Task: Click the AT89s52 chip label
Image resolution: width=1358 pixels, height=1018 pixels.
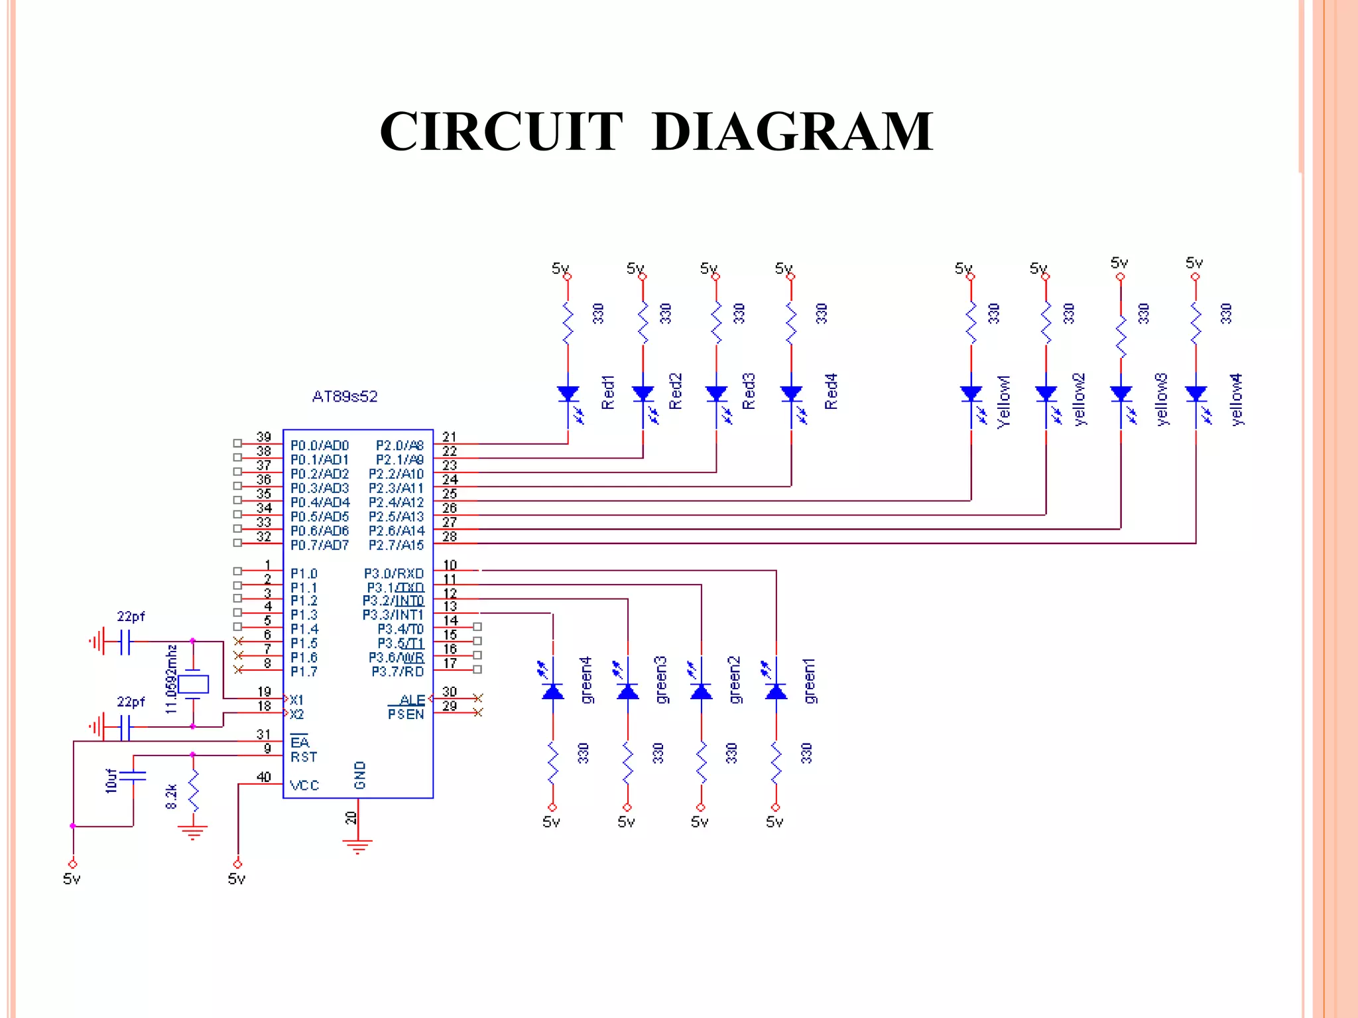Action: point(345,396)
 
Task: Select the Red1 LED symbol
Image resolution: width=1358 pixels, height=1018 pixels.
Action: point(568,395)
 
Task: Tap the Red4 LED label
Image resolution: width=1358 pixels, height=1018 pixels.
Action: point(831,391)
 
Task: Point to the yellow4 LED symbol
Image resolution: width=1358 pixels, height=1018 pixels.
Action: point(1196,395)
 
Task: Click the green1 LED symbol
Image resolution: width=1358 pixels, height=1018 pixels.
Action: point(776,691)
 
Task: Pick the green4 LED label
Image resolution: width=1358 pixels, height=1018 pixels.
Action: point(586,680)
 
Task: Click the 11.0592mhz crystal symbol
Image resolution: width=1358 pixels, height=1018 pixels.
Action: point(193,684)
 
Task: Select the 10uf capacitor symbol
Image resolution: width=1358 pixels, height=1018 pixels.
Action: point(133,776)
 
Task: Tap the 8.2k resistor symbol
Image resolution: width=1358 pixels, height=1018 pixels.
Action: point(193,791)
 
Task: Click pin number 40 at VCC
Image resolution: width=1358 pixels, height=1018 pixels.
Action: point(264,777)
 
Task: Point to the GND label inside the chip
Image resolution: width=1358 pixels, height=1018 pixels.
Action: point(360,775)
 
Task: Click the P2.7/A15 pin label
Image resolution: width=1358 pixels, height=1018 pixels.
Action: point(396,545)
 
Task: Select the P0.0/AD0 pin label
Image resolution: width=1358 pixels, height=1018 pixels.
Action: point(320,445)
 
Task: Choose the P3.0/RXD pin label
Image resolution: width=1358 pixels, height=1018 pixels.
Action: point(393,573)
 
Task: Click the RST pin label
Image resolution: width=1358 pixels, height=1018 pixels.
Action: point(304,757)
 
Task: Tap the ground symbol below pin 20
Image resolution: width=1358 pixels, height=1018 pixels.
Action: point(357,846)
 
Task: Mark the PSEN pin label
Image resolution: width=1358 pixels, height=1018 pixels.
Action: point(406,714)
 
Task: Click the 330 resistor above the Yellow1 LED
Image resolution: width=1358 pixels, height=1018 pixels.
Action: point(971,323)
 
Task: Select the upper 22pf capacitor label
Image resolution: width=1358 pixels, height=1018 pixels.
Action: point(131,616)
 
